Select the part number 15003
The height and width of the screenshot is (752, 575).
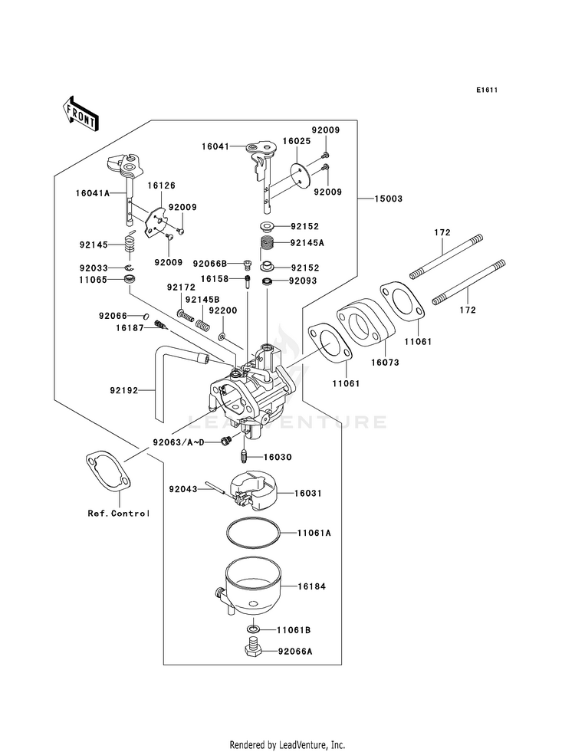[x=389, y=198]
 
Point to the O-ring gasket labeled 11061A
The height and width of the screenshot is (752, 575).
[x=251, y=533]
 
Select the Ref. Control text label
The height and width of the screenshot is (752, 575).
[x=118, y=513]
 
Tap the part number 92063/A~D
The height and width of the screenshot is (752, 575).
[x=177, y=442]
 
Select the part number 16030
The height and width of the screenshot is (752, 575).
[x=279, y=457]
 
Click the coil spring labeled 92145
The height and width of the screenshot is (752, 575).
[x=130, y=244]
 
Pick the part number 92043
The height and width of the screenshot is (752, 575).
[x=183, y=487]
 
